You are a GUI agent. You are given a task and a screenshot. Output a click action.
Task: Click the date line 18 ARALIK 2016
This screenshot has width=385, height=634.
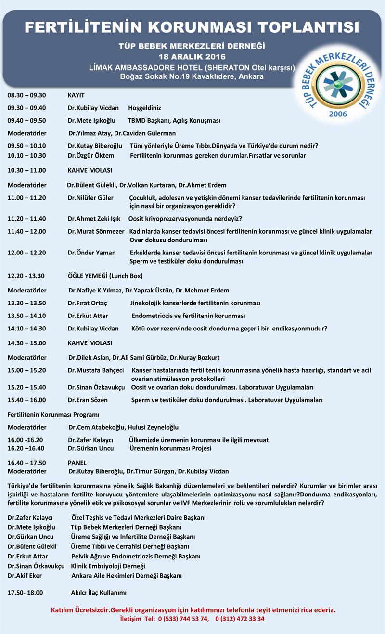(x=192, y=57)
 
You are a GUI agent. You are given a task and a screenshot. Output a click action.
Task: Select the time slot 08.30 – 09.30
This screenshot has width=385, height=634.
(x=26, y=95)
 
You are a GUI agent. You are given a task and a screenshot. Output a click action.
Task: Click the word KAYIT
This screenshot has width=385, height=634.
(x=76, y=95)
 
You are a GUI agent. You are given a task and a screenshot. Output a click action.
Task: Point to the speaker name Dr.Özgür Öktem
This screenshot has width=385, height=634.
(x=91, y=156)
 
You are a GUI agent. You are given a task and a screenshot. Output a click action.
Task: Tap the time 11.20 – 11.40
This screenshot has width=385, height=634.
(x=26, y=219)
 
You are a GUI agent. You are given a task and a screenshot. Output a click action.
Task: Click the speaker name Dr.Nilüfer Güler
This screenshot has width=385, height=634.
(x=90, y=198)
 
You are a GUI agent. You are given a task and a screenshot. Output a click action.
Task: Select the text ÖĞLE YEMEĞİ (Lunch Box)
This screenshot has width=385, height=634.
(x=105, y=276)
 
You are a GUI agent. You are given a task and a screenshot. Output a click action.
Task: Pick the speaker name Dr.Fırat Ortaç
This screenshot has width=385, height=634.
(x=87, y=303)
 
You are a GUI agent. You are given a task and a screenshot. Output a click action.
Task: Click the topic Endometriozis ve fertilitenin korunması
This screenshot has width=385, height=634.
(x=188, y=316)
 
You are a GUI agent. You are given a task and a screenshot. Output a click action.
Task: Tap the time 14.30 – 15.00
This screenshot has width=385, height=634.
(x=26, y=343)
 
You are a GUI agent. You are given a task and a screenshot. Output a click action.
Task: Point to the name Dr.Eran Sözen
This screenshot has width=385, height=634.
(x=88, y=400)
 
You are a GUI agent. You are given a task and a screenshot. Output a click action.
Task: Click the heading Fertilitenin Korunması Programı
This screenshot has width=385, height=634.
(x=53, y=414)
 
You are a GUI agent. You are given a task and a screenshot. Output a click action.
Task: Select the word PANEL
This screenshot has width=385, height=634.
(x=77, y=463)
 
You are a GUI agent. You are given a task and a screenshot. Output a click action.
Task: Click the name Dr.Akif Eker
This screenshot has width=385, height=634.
(x=25, y=576)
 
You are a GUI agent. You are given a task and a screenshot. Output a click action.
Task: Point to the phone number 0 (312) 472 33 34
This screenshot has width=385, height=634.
(x=240, y=619)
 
